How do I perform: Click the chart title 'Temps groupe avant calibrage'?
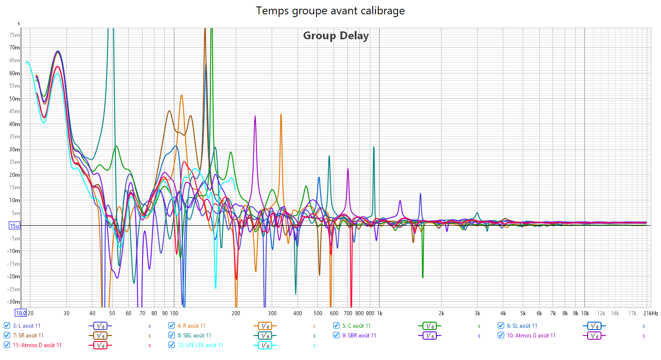[x=330, y=11]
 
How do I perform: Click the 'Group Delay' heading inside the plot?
[x=336, y=36]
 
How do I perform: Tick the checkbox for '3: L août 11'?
[x=7, y=326]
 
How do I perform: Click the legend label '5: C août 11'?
[x=356, y=326]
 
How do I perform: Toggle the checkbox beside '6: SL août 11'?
[x=501, y=326]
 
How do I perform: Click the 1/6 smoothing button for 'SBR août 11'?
[x=430, y=336]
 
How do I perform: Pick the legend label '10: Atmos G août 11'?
[x=531, y=336]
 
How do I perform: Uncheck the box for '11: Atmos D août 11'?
[x=7, y=345]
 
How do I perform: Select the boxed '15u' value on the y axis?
[x=14, y=226]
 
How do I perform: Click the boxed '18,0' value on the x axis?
[x=21, y=313]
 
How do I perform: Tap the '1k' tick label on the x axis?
[x=379, y=313]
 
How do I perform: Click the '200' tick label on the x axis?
[x=236, y=313]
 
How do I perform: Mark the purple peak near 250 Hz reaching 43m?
[x=255, y=116]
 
